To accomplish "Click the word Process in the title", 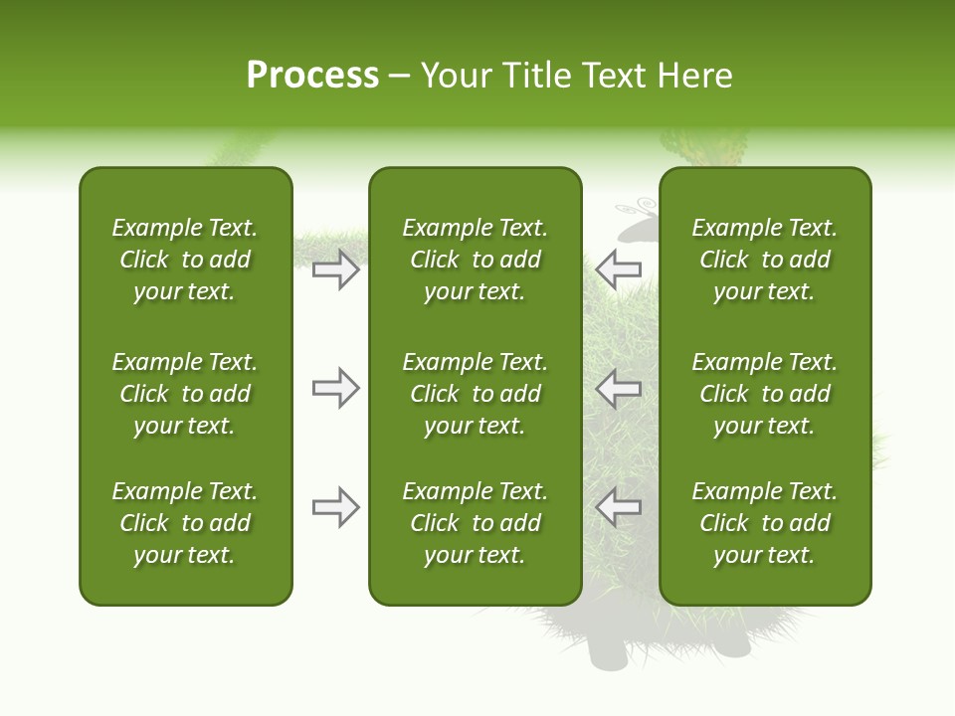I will [x=312, y=76].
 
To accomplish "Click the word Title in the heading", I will [x=534, y=76].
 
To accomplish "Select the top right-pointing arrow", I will [x=336, y=269].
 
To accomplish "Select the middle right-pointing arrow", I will [x=336, y=388].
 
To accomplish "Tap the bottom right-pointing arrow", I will [x=336, y=507].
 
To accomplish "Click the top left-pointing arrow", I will [x=619, y=268].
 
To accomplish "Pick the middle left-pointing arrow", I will [x=619, y=388].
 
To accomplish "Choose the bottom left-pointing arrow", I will [x=619, y=507].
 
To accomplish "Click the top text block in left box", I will [x=185, y=260].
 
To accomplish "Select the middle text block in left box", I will [x=185, y=394].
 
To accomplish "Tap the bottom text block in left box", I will [x=185, y=523].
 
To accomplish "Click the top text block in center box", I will [x=475, y=260].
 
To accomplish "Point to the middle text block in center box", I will [x=475, y=394].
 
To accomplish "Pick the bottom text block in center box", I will [x=475, y=523].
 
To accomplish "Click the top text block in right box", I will [x=765, y=260].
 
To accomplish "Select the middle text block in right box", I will [x=765, y=394].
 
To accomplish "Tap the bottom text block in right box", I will [x=765, y=523].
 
